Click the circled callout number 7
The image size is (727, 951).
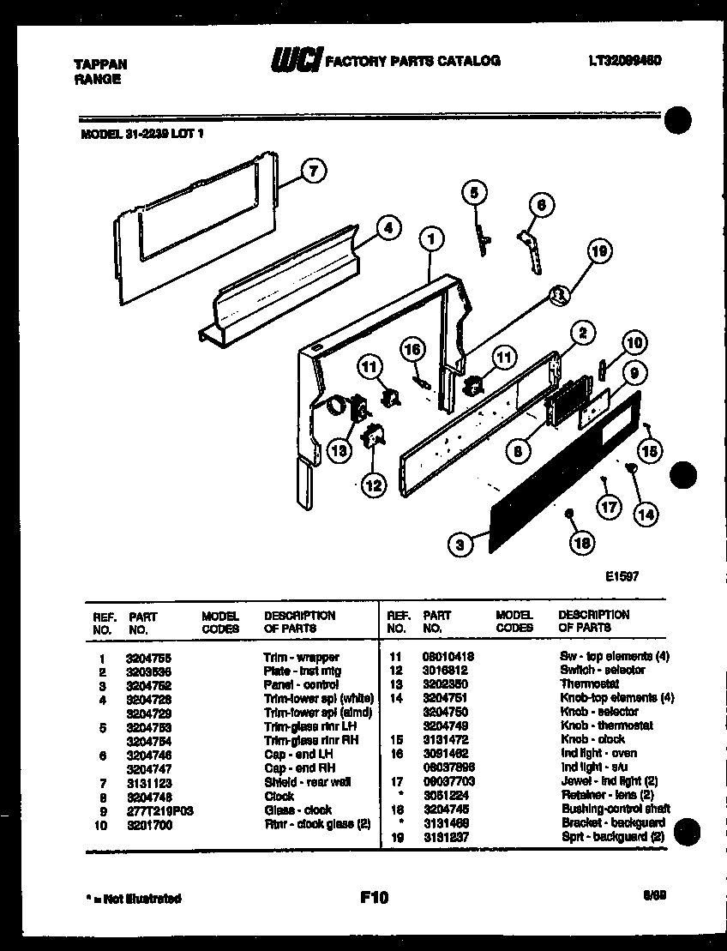tap(314, 172)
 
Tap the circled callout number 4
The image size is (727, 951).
tap(388, 228)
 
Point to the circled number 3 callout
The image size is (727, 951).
tap(460, 543)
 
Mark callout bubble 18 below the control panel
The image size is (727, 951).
tap(582, 542)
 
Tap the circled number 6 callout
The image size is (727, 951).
tap(540, 205)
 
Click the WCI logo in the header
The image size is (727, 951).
tap(296, 59)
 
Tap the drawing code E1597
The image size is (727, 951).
tap(622, 578)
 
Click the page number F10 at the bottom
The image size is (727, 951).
tap(374, 898)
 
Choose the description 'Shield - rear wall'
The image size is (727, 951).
tap(307, 782)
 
